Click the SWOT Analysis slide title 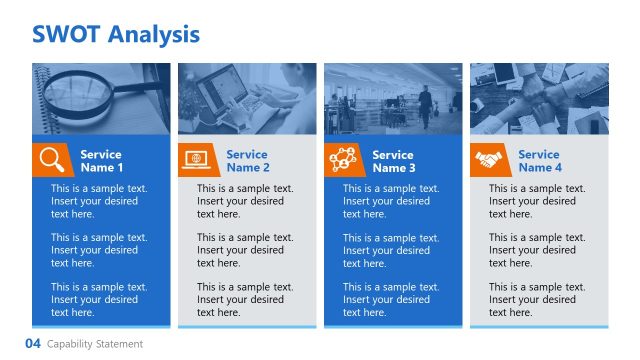(116, 35)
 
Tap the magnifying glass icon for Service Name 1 (50, 160)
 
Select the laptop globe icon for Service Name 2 (196, 160)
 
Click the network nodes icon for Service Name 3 (342, 160)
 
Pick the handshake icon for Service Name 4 (488, 160)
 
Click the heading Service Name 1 (101, 161)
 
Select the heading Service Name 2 (247, 161)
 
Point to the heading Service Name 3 (393, 161)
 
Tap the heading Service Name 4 (539, 161)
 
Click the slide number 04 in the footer (33, 344)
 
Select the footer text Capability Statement (95, 344)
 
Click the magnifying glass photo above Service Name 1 (100, 98)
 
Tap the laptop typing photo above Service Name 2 (246, 98)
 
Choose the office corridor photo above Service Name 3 (392, 98)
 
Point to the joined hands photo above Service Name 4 (538, 98)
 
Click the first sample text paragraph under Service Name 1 (99, 201)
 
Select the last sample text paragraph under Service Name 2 (245, 299)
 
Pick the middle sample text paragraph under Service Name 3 (391, 250)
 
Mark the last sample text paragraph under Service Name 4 (537, 299)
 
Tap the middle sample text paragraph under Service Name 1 (99, 250)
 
